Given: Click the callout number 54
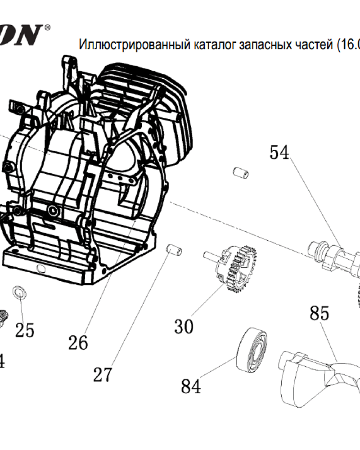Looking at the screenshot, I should point(279,153).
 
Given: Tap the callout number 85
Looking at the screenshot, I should point(319,313).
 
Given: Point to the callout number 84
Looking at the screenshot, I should point(191,386).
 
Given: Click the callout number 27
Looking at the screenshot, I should point(103,374).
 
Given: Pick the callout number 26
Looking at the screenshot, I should point(78,343).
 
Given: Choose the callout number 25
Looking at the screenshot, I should point(25,330).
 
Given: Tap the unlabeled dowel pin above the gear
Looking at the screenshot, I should point(240,172).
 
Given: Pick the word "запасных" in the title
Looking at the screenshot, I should point(260,45).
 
